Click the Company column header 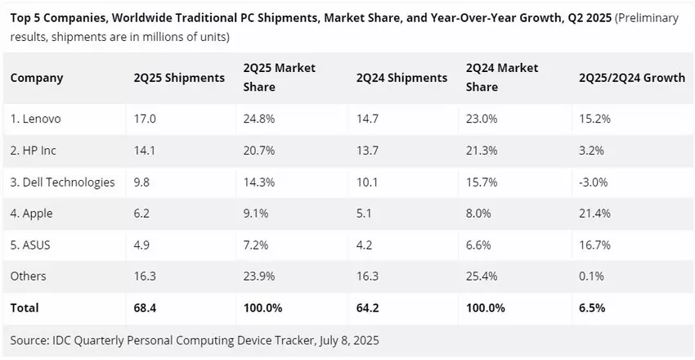(x=37, y=78)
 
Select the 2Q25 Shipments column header (x=179, y=78)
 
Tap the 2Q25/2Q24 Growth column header (x=631, y=78)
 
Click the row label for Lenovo (x=36, y=119)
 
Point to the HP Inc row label (x=34, y=151)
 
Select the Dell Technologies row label (x=63, y=182)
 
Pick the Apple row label (x=32, y=214)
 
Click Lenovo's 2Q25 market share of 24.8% (x=260, y=119)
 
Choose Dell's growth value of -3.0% (x=593, y=182)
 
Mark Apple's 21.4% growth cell (x=594, y=214)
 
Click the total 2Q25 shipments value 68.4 (x=146, y=308)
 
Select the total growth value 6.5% (x=592, y=308)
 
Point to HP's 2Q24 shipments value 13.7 (x=368, y=151)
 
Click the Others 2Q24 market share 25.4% (x=482, y=277)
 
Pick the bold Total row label (x=25, y=308)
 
